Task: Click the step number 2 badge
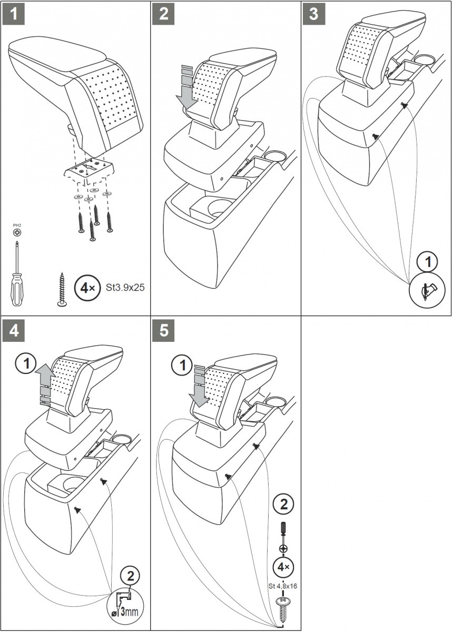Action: [x=164, y=14]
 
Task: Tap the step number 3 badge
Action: [x=314, y=14]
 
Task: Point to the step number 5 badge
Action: [x=164, y=331]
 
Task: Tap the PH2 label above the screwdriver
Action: [x=17, y=225]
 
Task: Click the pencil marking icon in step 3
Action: [x=427, y=289]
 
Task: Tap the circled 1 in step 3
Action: [x=427, y=261]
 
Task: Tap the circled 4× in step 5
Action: [x=283, y=567]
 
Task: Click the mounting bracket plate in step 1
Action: [x=90, y=169]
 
